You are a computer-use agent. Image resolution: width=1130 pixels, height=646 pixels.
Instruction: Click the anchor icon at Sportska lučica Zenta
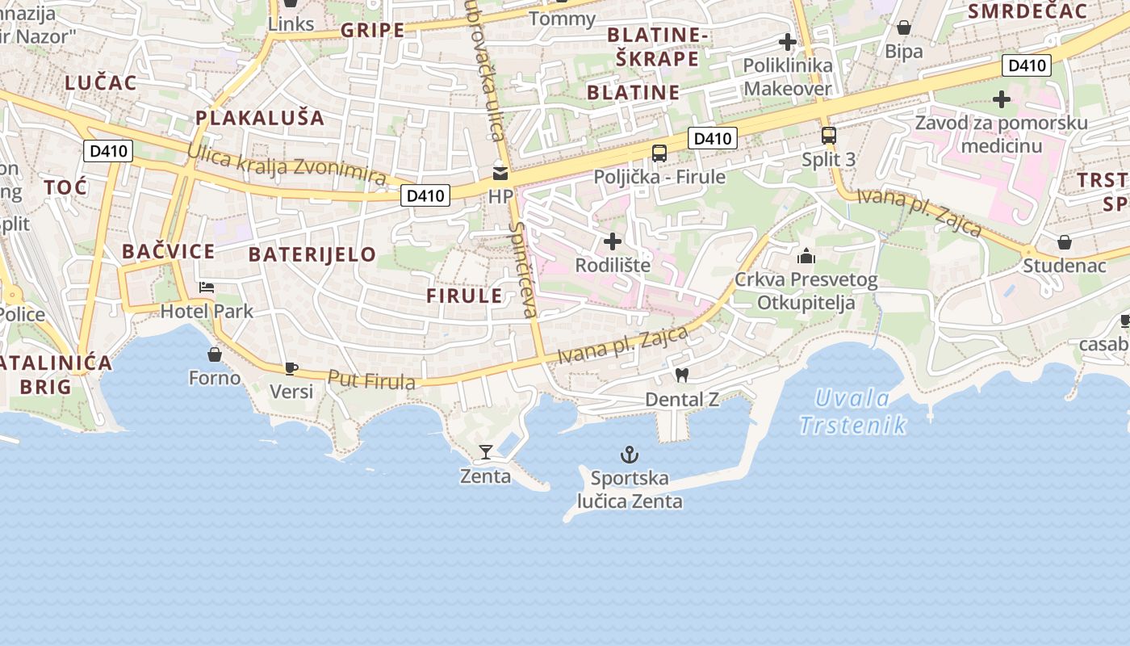629,455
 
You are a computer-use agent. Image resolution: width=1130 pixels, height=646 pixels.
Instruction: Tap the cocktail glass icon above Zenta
486,451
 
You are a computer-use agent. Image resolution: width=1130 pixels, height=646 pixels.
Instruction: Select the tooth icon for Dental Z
682,375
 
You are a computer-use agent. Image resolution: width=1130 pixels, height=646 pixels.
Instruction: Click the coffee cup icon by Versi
291,368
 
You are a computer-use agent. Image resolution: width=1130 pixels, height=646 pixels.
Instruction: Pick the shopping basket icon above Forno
215,354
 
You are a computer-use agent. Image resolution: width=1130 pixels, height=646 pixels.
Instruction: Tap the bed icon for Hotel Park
207,287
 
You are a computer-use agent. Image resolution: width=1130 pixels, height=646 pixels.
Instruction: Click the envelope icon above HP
500,173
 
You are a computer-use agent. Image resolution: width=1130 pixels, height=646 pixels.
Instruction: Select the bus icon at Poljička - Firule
659,153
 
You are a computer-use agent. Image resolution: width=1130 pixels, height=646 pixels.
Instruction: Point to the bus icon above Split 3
828,136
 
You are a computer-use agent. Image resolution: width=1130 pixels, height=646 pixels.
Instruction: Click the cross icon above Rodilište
613,241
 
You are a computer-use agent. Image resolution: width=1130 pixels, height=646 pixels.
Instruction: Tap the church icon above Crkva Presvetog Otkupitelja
806,257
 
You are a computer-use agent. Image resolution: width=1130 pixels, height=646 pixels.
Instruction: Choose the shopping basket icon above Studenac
1065,241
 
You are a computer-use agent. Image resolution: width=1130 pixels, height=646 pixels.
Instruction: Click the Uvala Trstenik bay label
852,411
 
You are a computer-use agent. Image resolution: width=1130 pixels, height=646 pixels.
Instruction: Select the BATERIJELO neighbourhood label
312,254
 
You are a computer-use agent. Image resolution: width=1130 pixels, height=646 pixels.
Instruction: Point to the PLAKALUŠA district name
259,118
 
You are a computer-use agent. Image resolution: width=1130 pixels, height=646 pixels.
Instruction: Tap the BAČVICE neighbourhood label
169,251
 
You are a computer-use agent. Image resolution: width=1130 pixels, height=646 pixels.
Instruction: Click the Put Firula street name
372,380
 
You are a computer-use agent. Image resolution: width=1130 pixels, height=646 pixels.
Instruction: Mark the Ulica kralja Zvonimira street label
287,165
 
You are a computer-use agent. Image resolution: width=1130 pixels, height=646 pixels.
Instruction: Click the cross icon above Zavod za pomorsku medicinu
1002,99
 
